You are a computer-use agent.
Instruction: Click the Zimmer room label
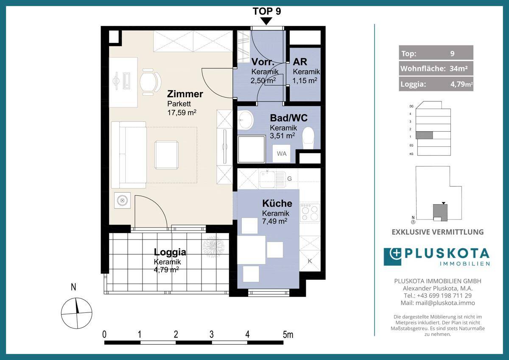pyautogui.click(x=185, y=94)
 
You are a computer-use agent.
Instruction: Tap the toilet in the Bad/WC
pyautogui.click(x=308, y=138)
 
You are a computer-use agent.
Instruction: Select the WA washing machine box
pyautogui.click(x=282, y=154)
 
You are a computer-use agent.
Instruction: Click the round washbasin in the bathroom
pyautogui.click(x=245, y=120)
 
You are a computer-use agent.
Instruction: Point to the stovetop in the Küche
pyautogui.click(x=310, y=213)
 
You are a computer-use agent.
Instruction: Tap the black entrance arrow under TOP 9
pyautogui.click(x=266, y=21)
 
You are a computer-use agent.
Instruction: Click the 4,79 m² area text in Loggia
pyautogui.click(x=166, y=270)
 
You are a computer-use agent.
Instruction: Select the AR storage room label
pyautogui.click(x=300, y=62)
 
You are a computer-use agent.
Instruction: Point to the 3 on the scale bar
pyautogui.click(x=212, y=334)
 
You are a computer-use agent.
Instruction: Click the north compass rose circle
pyautogui.click(x=77, y=313)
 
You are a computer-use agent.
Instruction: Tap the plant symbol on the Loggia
pyautogui.click(x=213, y=247)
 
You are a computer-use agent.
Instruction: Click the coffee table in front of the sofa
pyautogui.click(x=166, y=155)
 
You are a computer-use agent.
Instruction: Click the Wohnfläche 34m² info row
pyautogui.click(x=436, y=68)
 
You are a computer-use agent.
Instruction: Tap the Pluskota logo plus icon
pyautogui.click(x=396, y=253)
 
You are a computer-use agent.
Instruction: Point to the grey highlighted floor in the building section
pyautogui.click(x=424, y=135)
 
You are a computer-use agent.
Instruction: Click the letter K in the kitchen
pyautogui.click(x=310, y=262)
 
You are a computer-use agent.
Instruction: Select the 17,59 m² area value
pyautogui.click(x=182, y=112)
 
